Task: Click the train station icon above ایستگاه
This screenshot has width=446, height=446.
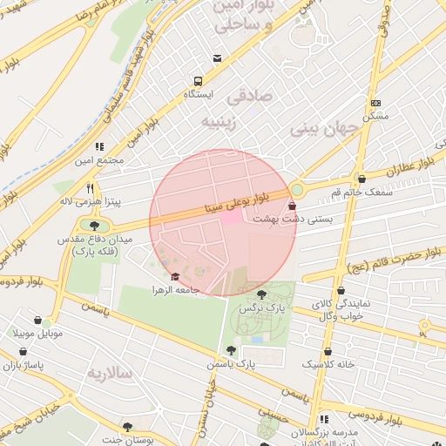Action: pyautogui.click(x=217, y=59)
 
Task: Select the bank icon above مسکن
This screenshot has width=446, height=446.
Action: pyautogui.click(x=375, y=103)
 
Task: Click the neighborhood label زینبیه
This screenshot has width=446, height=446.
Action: pyautogui.click(x=220, y=120)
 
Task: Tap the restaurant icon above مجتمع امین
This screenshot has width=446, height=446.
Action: pyautogui.click(x=99, y=146)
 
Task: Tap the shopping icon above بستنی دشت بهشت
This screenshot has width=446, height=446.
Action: pyautogui.click(x=291, y=206)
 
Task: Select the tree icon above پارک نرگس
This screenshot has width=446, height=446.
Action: pyautogui.click(x=263, y=294)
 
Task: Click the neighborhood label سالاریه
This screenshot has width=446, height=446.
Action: pyautogui.click(x=108, y=373)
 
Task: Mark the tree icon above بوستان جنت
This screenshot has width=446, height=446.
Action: pyautogui.click(x=129, y=426)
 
